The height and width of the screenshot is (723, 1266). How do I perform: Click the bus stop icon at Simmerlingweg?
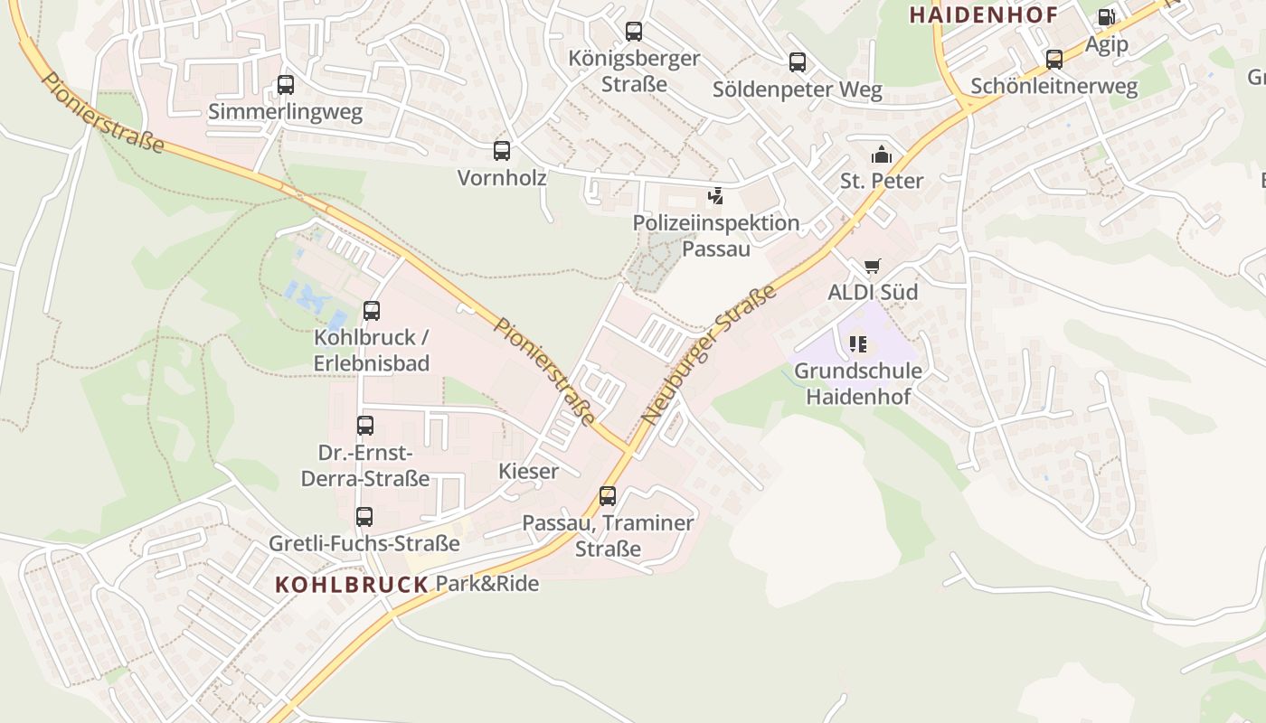click(286, 85)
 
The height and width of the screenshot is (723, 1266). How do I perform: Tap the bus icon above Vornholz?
click(502, 151)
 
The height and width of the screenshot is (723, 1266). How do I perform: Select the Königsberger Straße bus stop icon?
click(634, 32)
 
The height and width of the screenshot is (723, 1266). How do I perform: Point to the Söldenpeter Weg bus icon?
click(797, 62)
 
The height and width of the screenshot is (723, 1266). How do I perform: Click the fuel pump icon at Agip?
click(1106, 17)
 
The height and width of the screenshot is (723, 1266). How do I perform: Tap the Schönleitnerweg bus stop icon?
click(1054, 60)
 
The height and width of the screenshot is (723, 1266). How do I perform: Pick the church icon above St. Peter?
click(881, 155)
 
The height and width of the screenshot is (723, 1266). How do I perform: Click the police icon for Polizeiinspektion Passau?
click(715, 196)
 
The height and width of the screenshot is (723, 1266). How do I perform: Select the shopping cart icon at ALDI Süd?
click(872, 266)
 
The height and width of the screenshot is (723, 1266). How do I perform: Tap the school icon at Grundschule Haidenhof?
click(857, 344)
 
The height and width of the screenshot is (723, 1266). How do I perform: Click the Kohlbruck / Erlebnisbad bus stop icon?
click(371, 311)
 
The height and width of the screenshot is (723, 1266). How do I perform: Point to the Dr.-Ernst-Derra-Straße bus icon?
click(365, 426)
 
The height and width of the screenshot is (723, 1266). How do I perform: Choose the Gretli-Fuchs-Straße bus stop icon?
click(364, 517)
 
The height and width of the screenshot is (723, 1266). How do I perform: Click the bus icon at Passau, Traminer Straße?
click(608, 496)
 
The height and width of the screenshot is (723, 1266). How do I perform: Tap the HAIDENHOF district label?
click(983, 14)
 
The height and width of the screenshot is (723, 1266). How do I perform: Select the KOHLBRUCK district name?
click(352, 585)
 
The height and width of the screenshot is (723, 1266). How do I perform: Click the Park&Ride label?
click(487, 584)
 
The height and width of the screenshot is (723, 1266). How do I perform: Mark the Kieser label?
click(528, 471)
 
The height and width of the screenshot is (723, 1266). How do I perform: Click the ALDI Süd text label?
click(873, 292)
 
